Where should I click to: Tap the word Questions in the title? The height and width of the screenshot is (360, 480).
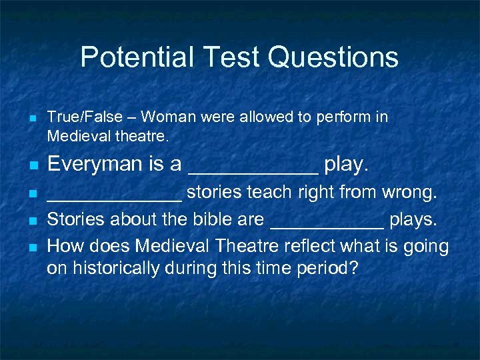(x=333, y=58)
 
